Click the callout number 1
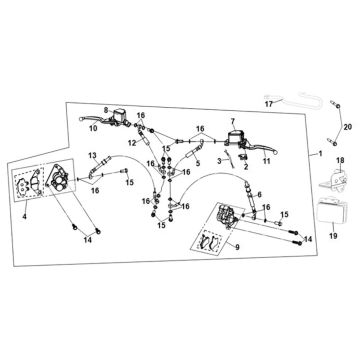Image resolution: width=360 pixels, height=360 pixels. click(x=320, y=154)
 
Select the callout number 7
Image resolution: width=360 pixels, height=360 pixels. click(x=232, y=120)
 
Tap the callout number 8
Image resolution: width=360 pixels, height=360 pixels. click(x=106, y=109)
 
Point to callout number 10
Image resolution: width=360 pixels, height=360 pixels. click(x=94, y=128)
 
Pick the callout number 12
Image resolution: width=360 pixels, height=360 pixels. click(x=132, y=143)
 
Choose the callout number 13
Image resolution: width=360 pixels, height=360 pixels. click(x=92, y=155)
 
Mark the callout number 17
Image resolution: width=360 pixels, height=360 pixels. click(x=269, y=104)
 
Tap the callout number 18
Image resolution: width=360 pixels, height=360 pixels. click(x=340, y=161)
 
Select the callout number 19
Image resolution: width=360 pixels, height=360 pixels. click(x=333, y=236)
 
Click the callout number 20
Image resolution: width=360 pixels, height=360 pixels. click(x=348, y=127)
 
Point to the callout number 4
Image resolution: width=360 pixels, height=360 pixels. click(x=24, y=217)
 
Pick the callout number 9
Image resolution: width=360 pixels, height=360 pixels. click(x=237, y=247)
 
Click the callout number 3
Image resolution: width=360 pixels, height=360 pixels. click(x=219, y=161)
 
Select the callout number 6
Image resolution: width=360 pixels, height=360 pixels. click(x=260, y=195)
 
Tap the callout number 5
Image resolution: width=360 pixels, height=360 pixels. click(x=198, y=164)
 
